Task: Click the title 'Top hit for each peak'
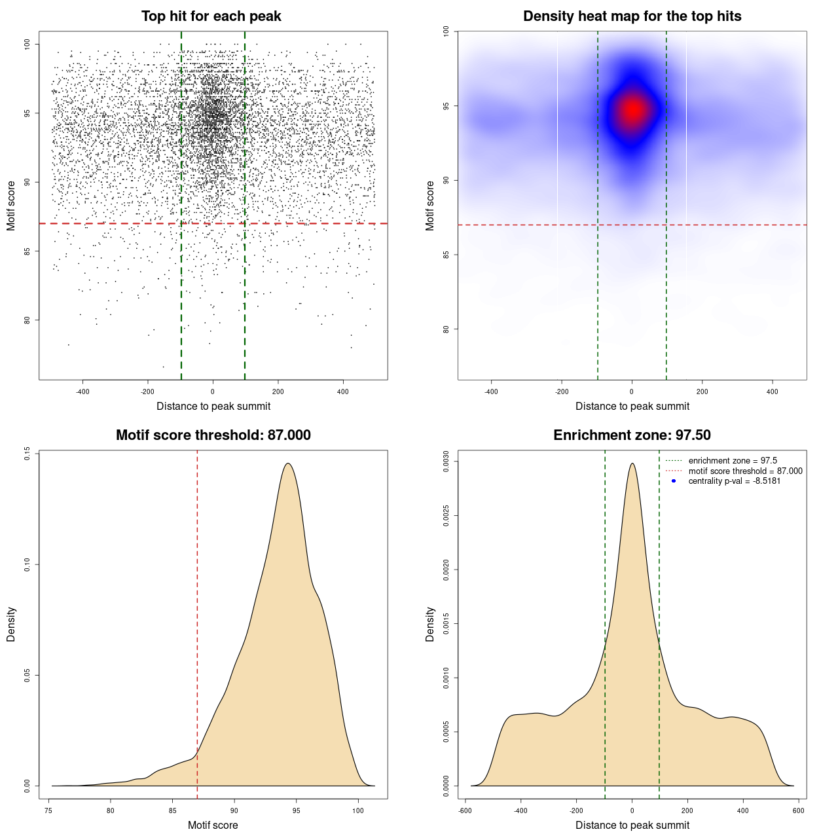(211, 16)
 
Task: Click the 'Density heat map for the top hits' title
(632, 16)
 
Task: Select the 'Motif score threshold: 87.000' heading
(213, 435)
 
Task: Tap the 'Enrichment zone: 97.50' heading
(632, 435)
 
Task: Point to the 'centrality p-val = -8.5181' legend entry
(734, 481)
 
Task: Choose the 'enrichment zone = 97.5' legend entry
(733, 461)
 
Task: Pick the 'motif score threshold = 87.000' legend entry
(745, 471)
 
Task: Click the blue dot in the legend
(674, 481)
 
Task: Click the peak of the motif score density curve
(287, 464)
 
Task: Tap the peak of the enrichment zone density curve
(632, 464)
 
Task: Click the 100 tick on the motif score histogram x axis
(357, 811)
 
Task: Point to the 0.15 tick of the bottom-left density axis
(27, 453)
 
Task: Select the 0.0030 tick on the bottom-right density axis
(446, 462)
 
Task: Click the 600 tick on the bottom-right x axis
(798, 811)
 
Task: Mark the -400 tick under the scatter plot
(82, 392)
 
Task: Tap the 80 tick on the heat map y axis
(446, 329)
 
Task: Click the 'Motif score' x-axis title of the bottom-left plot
(213, 825)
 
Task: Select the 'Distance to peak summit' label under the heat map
(632, 406)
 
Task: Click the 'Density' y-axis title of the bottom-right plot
(430, 624)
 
